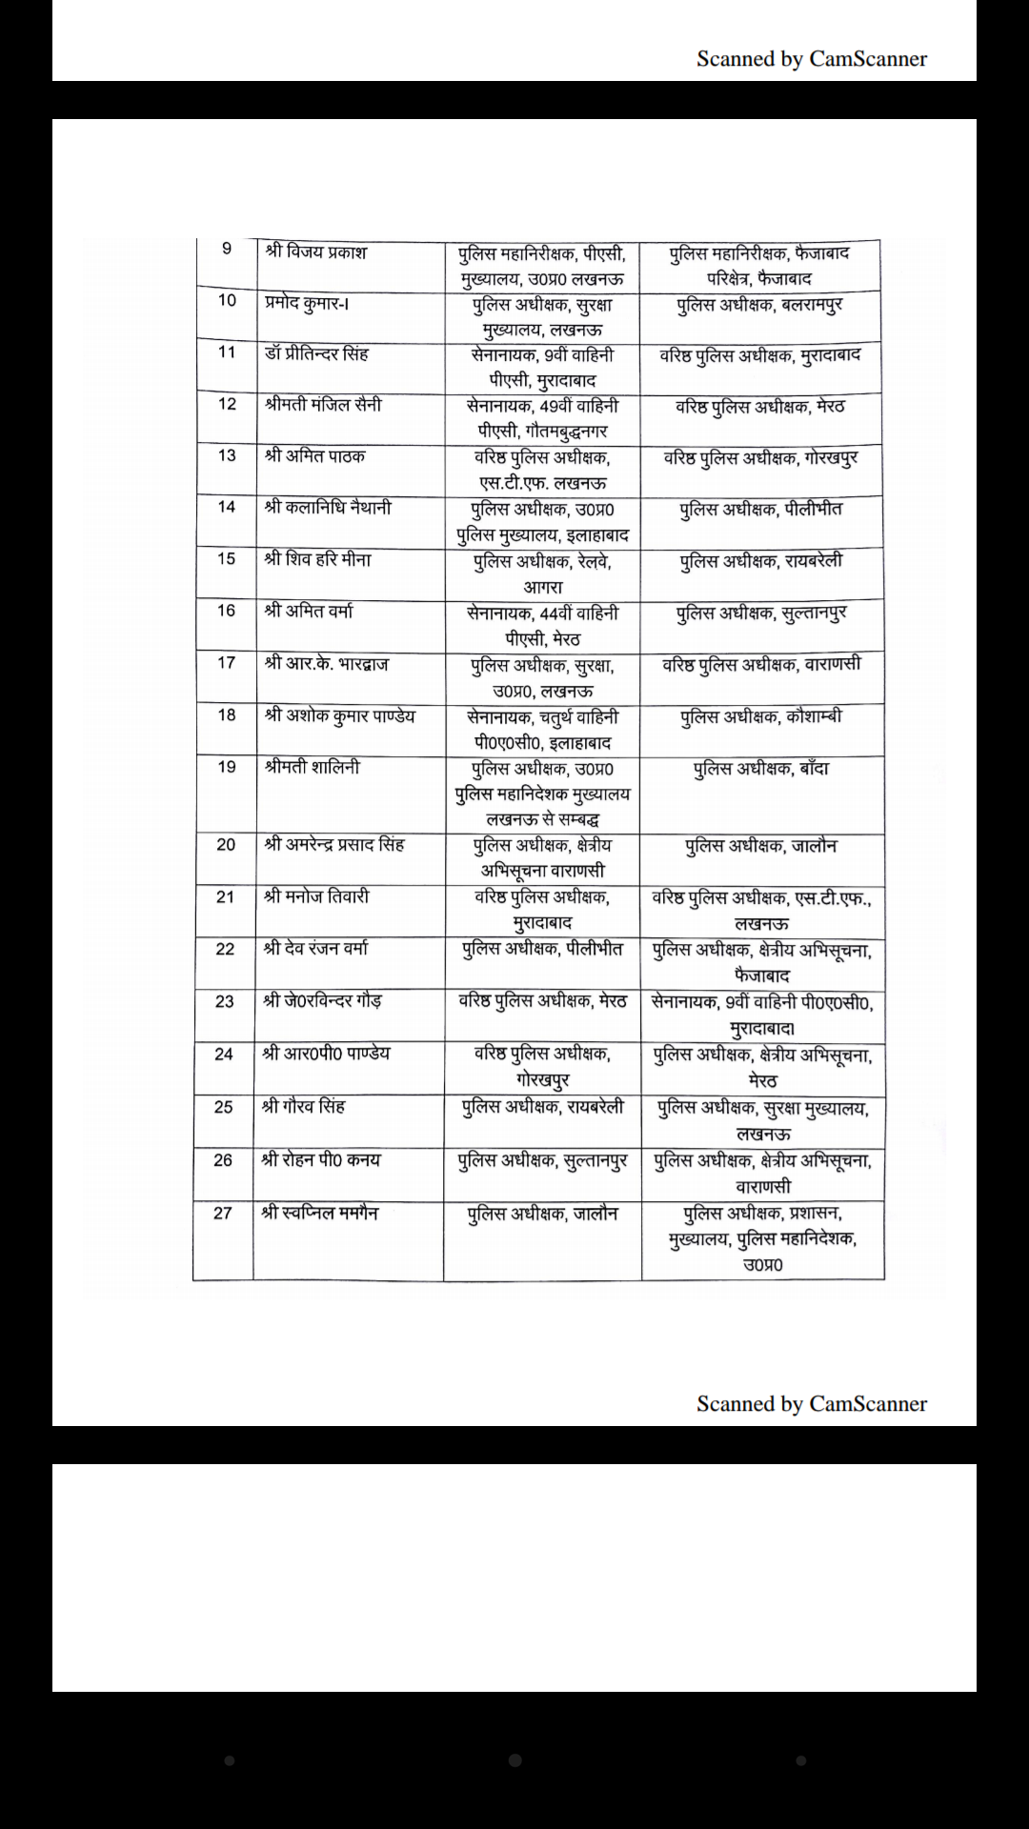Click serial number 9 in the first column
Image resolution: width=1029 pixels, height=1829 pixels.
[227, 250]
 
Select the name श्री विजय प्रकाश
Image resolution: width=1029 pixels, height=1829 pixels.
[315, 252]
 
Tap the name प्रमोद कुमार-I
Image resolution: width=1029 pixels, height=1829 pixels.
[306, 303]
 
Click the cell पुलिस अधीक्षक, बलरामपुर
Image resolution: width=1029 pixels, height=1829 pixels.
[759, 306]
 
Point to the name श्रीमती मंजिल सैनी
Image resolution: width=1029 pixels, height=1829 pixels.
[323, 405]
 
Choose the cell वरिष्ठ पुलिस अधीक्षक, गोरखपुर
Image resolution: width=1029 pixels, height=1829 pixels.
[760, 458]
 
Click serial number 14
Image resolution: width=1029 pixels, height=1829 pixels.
[227, 507]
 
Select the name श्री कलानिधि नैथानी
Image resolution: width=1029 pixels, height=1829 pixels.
[328, 508]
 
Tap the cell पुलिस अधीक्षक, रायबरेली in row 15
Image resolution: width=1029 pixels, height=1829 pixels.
[761, 561]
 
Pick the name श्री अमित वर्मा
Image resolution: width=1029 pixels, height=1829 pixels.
[309, 611]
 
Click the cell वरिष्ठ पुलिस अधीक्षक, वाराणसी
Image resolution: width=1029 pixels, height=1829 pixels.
[761, 664]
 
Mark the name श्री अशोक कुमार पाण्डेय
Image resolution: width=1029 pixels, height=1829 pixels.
[339, 715]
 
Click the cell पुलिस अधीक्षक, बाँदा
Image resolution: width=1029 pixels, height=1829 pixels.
[761, 768]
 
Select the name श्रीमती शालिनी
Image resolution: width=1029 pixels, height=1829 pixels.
[313, 767]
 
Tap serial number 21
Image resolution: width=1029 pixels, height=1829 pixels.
[225, 896]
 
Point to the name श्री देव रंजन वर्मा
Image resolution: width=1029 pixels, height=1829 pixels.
[315, 949]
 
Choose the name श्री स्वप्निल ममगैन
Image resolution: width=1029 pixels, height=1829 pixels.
[319, 1213]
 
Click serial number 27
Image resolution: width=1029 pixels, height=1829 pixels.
[223, 1214]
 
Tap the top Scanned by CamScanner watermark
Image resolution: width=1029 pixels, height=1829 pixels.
[811, 59]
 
